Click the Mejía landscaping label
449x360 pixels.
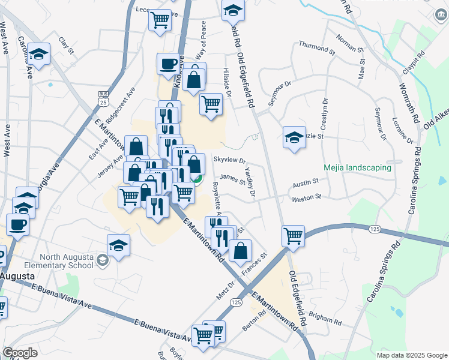click(357, 168)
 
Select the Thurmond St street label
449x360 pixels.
click(317, 47)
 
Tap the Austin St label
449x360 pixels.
click(305, 185)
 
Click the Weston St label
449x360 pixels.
click(307, 197)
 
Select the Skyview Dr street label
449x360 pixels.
click(230, 160)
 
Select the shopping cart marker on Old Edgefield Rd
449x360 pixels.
click(293, 235)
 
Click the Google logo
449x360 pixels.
click(20, 353)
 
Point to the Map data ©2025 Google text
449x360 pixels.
click(412, 355)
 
